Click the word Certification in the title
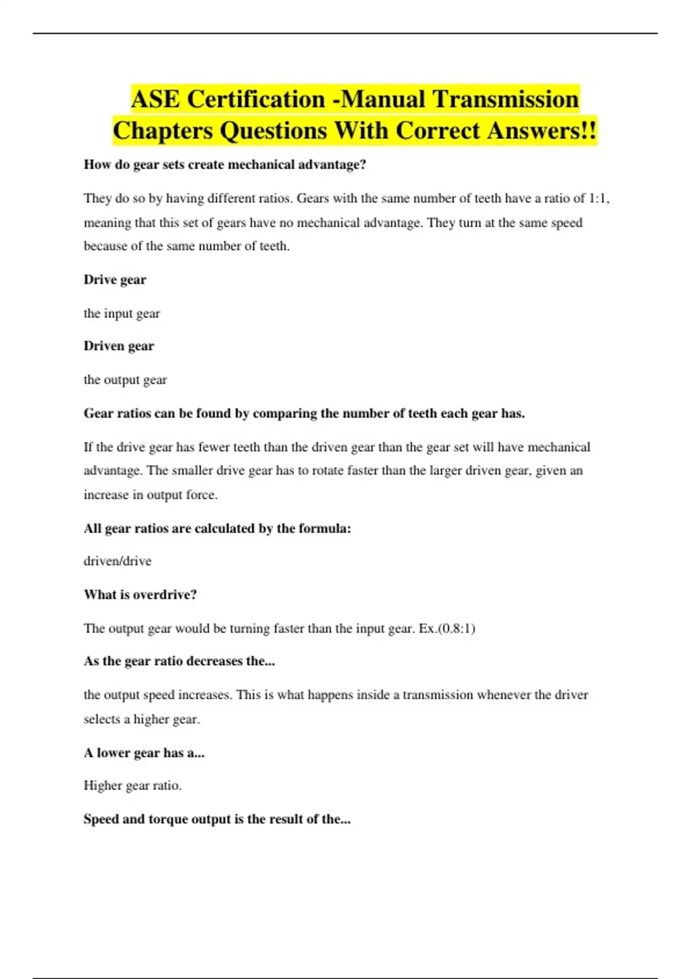click(256, 99)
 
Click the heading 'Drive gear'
click(115, 280)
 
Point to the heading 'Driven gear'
click(119, 346)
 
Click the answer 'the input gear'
click(122, 314)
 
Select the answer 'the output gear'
click(125, 380)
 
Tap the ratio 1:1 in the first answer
click(598, 199)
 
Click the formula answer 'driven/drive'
click(117, 561)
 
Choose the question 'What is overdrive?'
click(140, 595)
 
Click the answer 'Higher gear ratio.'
click(132, 786)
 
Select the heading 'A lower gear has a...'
click(144, 753)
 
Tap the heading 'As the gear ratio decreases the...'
click(179, 661)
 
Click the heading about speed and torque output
click(217, 819)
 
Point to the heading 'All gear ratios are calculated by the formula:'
click(217, 529)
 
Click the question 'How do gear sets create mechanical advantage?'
click(225, 165)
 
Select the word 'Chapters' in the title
click(163, 130)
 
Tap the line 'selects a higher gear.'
click(142, 719)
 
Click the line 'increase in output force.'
click(150, 495)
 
